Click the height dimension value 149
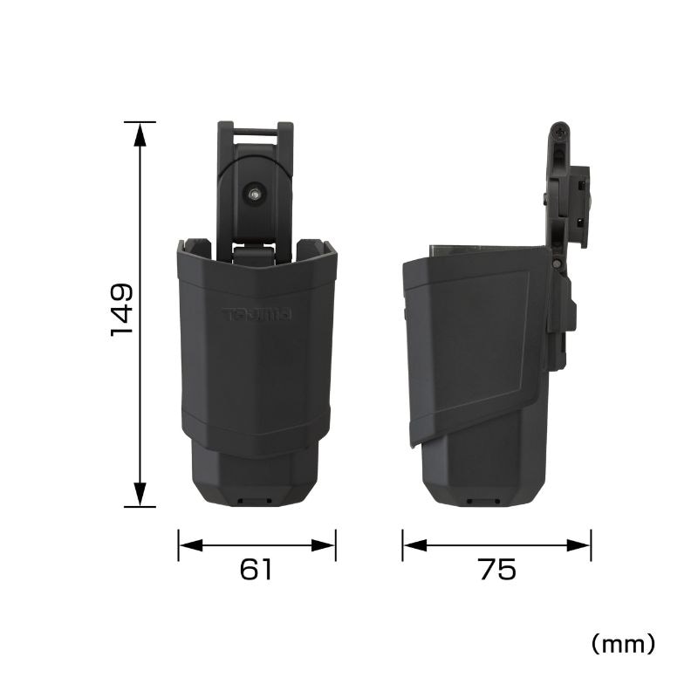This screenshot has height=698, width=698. [121, 311]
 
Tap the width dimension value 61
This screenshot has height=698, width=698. [256, 569]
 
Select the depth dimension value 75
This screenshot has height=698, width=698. [498, 569]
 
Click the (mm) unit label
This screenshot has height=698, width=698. [623, 644]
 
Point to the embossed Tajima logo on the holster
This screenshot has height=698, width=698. [257, 314]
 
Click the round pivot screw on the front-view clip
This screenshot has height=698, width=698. [256, 194]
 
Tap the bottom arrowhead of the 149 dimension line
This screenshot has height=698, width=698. [140, 494]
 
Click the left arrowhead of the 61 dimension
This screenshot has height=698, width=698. [190, 544]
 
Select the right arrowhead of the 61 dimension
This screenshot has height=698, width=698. [323, 544]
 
